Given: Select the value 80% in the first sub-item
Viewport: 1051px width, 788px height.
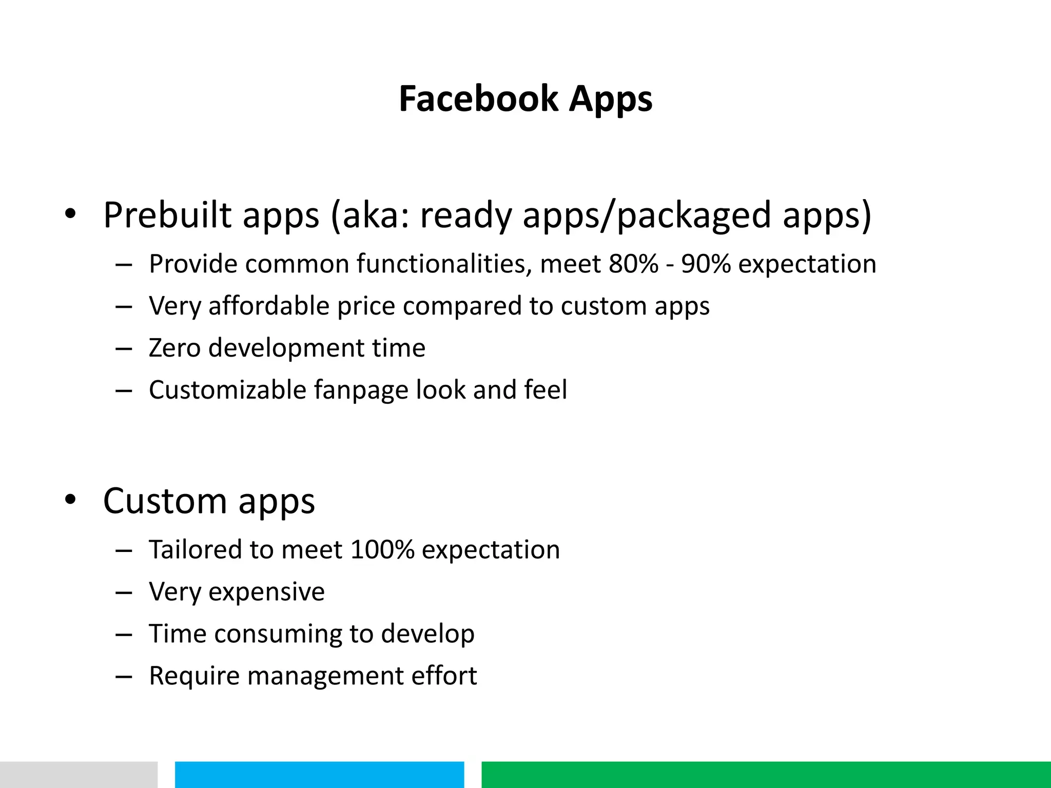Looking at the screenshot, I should pyautogui.click(x=633, y=264).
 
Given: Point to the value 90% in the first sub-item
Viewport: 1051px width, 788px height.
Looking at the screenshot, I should pyautogui.click(x=706, y=264).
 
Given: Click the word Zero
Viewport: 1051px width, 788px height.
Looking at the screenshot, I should pyautogui.click(x=174, y=348).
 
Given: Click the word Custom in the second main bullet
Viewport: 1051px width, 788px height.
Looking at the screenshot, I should pyautogui.click(x=165, y=501).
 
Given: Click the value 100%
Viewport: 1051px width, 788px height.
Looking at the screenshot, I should pyautogui.click(x=382, y=550).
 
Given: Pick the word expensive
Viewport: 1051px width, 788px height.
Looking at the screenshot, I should pyautogui.click(x=266, y=593).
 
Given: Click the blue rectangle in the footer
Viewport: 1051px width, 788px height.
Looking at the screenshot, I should pyautogui.click(x=319, y=775).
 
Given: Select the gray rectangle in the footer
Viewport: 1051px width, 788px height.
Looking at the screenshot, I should pyautogui.click(x=79, y=775).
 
